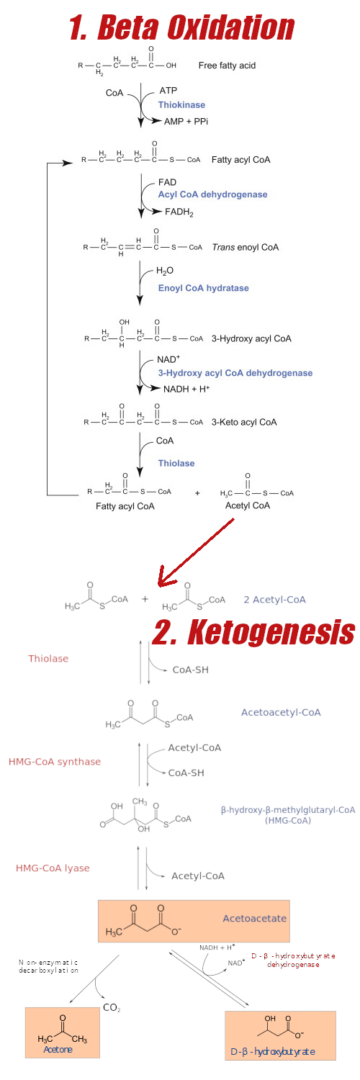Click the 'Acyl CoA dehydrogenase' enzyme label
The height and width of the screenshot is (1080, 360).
click(x=206, y=195)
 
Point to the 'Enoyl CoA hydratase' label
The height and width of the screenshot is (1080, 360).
click(x=197, y=287)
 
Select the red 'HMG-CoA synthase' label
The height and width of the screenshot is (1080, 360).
click(x=54, y=762)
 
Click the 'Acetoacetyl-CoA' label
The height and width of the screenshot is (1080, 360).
click(x=281, y=712)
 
